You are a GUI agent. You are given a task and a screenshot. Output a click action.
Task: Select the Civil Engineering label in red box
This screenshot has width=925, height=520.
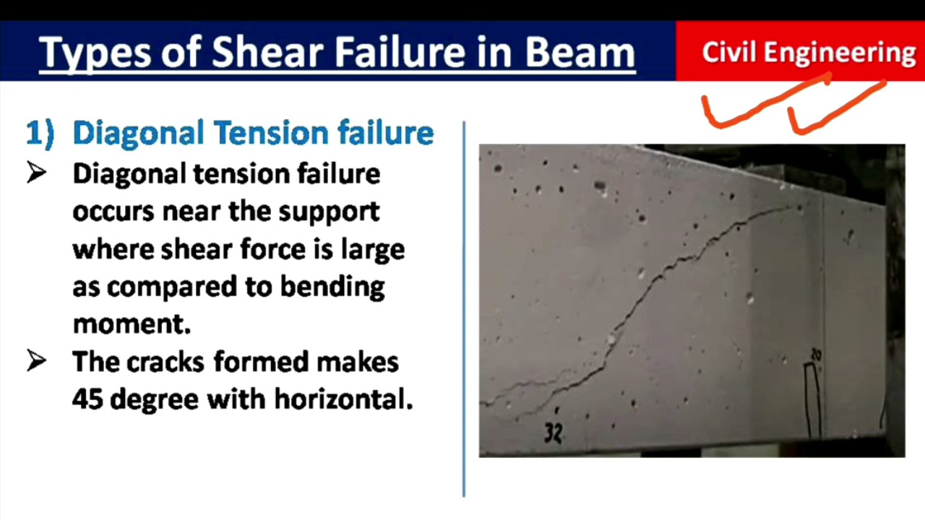click(808, 53)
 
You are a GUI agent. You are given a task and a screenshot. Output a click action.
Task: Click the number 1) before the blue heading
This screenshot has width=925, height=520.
click(40, 134)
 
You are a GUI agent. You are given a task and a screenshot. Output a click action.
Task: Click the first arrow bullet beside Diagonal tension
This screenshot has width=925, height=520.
click(37, 173)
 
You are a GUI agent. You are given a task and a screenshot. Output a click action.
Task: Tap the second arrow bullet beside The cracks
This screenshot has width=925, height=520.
click(37, 361)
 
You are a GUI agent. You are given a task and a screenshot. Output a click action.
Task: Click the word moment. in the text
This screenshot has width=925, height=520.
click(132, 325)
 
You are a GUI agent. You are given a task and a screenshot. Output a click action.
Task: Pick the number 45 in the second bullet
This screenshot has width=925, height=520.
click(87, 399)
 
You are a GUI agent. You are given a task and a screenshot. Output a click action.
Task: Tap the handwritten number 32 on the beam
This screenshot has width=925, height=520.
click(553, 433)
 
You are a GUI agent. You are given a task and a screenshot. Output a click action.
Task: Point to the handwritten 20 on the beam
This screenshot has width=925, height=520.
click(816, 355)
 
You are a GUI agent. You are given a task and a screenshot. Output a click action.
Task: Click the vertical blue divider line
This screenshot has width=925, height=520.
click(463, 311)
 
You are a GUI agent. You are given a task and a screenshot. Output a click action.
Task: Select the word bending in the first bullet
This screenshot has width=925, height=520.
click(332, 287)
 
